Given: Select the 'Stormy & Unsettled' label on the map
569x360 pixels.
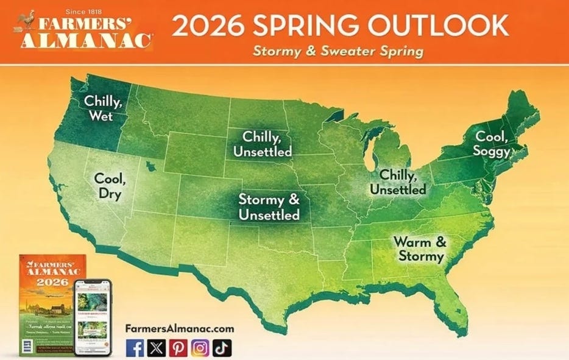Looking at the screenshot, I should tap(269, 207).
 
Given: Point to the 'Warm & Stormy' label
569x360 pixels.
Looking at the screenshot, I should tap(420, 249).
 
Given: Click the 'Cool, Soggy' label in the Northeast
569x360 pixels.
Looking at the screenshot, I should tap(493, 144).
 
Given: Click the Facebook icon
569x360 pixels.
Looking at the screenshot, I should tap(135, 348).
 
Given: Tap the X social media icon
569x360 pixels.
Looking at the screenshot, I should tap(157, 348).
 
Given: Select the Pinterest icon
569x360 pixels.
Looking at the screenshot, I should tap(178, 348).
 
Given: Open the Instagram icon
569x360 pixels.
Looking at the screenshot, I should tap(200, 348).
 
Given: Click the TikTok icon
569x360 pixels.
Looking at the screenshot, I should tap(222, 348).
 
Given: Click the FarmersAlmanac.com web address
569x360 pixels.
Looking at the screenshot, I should tap(179, 328).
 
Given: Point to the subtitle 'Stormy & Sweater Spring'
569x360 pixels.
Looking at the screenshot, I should tap(338, 51).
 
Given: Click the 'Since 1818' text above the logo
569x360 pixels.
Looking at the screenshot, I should tap(83, 11).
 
